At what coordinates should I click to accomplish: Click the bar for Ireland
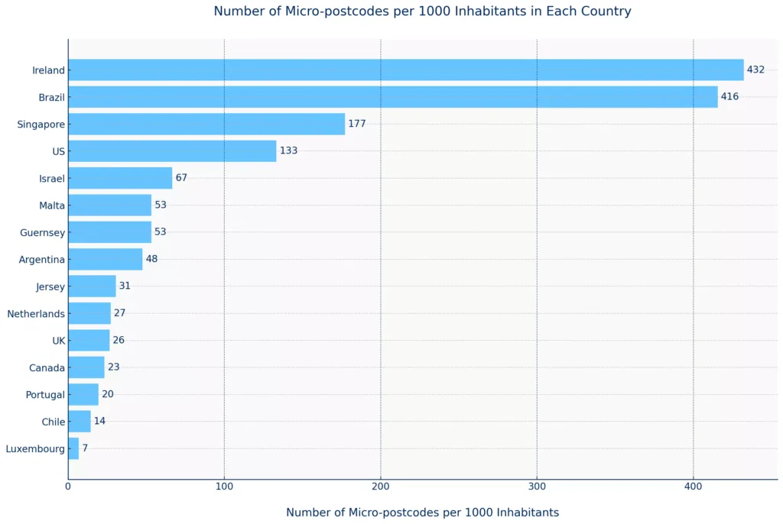pyautogui.click(x=405, y=70)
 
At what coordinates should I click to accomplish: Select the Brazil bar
pyautogui.click(x=392, y=97)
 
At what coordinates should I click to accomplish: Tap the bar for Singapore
pyautogui.click(x=206, y=124)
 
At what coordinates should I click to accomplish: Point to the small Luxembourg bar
pyautogui.click(x=73, y=448)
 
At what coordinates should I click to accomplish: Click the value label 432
pyautogui.click(x=755, y=70)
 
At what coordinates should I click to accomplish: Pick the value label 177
pyautogui.click(x=357, y=124)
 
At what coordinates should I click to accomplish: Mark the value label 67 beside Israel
pyautogui.click(x=181, y=178)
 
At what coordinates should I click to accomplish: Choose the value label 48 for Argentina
pyautogui.click(x=151, y=259)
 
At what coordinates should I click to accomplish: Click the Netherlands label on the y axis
pyautogui.click(x=36, y=313)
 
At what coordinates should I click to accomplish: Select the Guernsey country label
pyautogui.click(x=41, y=232)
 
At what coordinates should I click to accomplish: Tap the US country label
pyautogui.click(x=58, y=151)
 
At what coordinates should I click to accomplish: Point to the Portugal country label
pyautogui.click(x=45, y=395)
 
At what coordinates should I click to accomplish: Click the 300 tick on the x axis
pyautogui.click(x=537, y=486)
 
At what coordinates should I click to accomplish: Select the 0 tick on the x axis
pyautogui.click(x=68, y=486)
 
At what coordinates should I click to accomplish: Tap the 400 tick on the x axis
pyautogui.click(x=694, y=486)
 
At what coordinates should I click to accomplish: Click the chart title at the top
pyautogui.click(x=422, y=11)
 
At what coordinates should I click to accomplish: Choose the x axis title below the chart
pyautogui.click(x=422, y=513)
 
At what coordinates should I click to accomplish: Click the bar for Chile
pyautogui.click(x=80, y=422)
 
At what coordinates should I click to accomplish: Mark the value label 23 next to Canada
pyautogui.click(x=114, y=367)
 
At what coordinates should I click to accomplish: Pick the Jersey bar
pyautogui.click(x=92, y=286)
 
